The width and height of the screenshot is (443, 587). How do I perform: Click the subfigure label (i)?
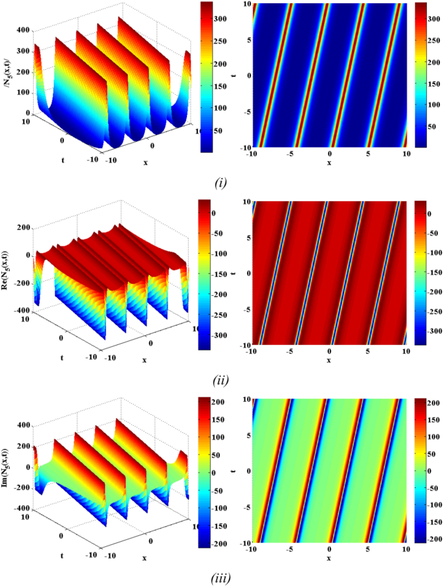[x=221, y=183]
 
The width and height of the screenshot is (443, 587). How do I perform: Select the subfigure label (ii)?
[x=221, y=379]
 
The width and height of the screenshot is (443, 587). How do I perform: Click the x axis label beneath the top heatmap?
[x=329, y=162]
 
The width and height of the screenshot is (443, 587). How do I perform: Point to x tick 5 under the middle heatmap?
[x=368, y=353]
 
